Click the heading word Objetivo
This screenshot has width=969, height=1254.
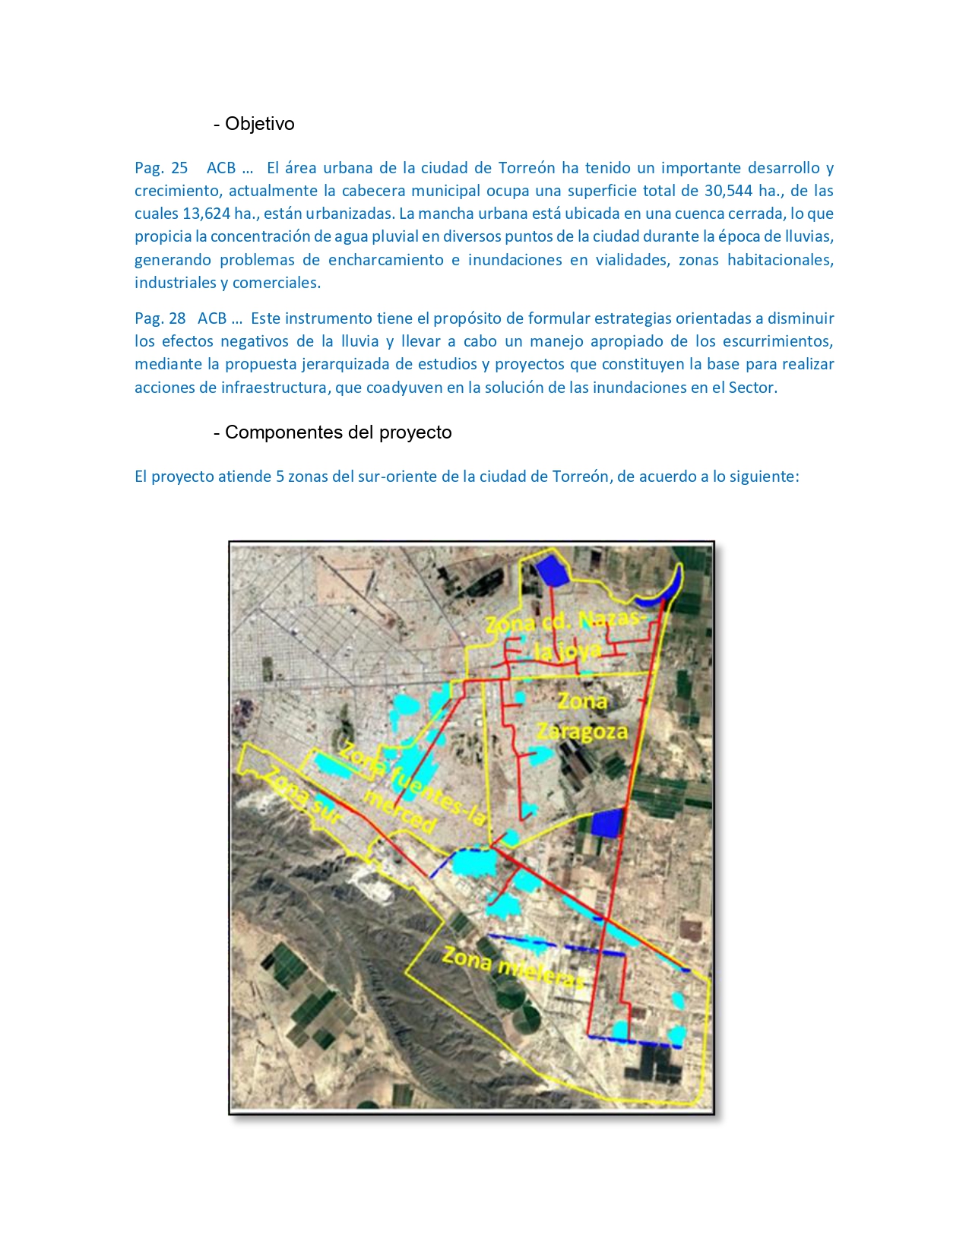point(259,124)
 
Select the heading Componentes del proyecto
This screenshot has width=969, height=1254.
point(338,432)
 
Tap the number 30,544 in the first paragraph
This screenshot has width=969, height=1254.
point(729,191)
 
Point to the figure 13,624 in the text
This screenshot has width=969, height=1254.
point(206,214)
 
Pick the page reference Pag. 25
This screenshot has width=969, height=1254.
point(161,168)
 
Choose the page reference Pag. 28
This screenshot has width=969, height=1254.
point(160,318)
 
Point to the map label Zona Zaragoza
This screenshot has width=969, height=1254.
point(582,716)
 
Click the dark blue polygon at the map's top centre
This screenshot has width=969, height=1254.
point(551,570)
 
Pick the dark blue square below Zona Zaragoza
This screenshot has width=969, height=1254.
point(606,822)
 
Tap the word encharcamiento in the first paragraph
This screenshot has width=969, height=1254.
point(386,260)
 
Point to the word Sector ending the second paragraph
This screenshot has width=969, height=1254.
point(752,388)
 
